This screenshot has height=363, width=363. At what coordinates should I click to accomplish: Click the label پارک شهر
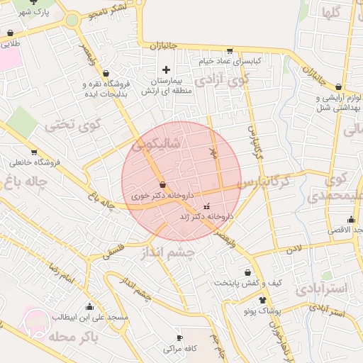35,13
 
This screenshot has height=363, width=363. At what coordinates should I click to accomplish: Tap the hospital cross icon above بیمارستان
166,69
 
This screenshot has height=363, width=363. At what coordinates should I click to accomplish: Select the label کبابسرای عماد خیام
230,61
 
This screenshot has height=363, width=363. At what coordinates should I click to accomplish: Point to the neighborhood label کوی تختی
74,124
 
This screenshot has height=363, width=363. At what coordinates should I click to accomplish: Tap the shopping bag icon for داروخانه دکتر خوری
163,184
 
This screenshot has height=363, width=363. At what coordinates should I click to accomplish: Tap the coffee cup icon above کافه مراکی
179,337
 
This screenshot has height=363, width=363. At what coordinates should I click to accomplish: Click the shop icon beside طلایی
10,33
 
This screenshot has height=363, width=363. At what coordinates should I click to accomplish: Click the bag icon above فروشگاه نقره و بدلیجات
106,73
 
